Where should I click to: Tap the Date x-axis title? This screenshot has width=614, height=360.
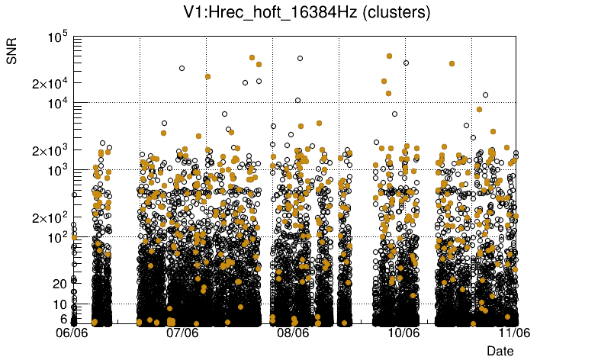[500, 350]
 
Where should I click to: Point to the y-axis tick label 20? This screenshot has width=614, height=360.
[60, 284]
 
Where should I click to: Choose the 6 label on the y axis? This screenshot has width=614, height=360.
[64, 319]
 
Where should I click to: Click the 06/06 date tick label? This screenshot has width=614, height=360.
[74, 333]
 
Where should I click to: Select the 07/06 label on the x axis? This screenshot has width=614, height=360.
[182, 333]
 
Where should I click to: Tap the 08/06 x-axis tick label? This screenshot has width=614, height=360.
[293, 333]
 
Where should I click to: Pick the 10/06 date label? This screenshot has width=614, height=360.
[403, 333]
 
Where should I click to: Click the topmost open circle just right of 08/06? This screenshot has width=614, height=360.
[300, 58]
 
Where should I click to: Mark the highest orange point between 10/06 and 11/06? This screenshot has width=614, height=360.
[452, 64]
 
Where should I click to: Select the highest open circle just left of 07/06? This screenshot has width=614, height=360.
[182, 68]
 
